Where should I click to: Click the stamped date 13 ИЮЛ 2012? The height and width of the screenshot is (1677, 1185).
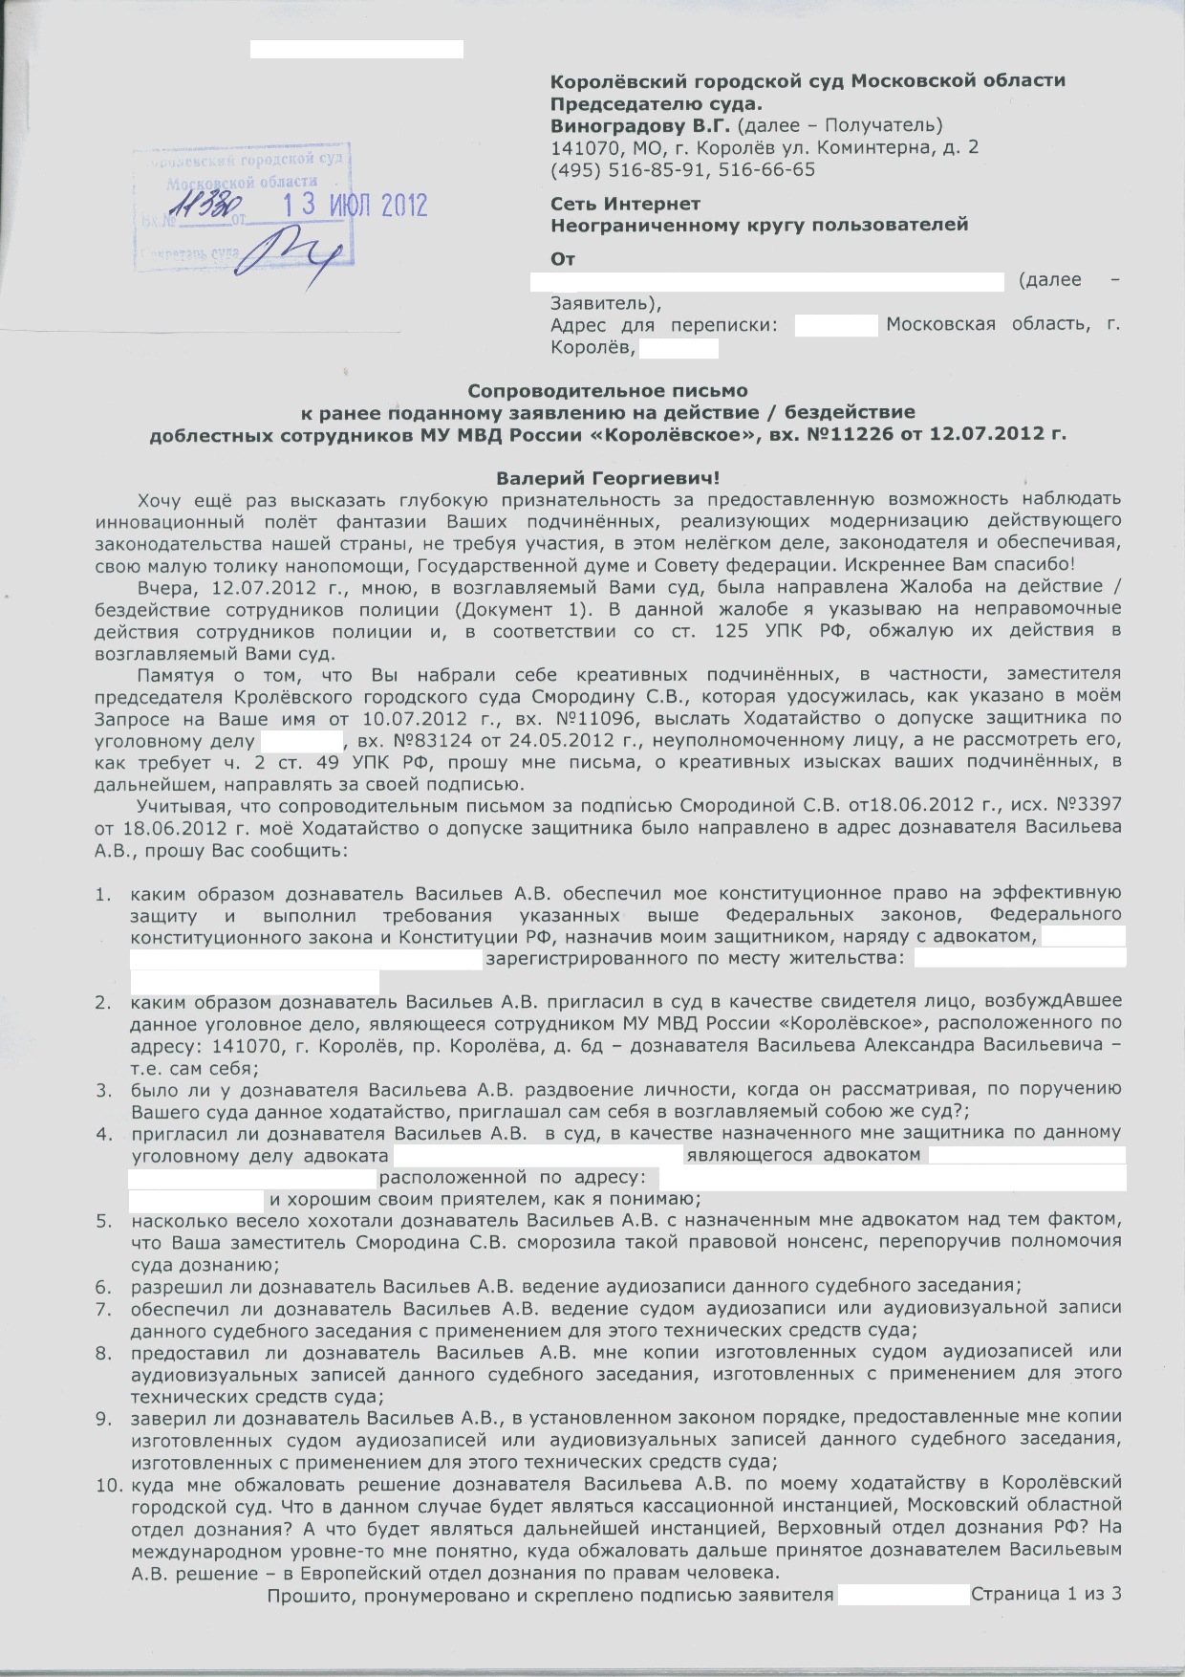[x=358, y=206]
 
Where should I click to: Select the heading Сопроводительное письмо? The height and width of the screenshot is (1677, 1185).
[x=607, y=391]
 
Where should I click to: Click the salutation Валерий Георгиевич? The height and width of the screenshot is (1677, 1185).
[x=607, y=477]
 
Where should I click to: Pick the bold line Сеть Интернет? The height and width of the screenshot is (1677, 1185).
[x=625, y=204]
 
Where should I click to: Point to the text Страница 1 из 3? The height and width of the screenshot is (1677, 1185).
[x=1045, y=1594]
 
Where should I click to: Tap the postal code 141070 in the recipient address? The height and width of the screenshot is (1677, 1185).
[x=582, y=148]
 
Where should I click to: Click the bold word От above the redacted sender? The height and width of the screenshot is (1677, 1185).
[x=563, y=259]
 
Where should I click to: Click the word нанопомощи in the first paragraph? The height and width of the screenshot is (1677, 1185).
[x=275, y=563]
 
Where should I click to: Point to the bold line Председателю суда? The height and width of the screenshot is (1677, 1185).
[x=657, y=103]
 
